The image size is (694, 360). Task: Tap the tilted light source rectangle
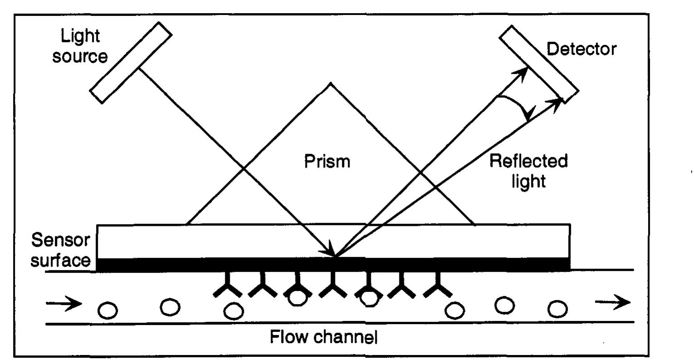[x=131, y=63]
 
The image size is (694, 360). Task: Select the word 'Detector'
[x=582, y=49]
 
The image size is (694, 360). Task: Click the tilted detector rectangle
[x=539, y=63]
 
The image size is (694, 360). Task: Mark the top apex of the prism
[x=331, y=83]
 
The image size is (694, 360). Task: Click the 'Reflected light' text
[x=529, y=170]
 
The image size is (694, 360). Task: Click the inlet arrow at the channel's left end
[x=64, y=303]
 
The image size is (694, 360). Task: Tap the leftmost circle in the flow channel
[x=108, y=311]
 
